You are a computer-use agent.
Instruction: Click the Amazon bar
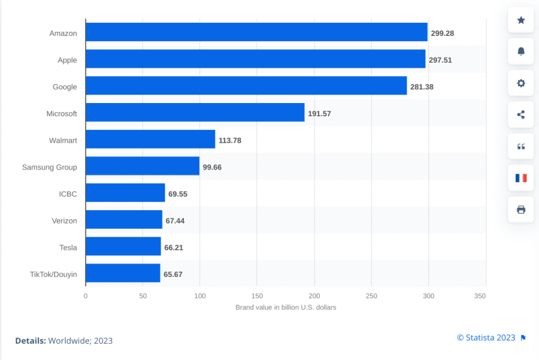pyautogui.click(x=256, y=32)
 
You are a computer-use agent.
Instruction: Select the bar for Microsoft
pyautogui.click(x=195, y=113)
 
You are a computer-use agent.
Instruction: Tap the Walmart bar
pyautogui.click(x=150, y=140)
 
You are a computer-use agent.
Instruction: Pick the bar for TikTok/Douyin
pyautogui.click(x=123, y=273)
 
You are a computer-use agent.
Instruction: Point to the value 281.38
pyautogui.click(x=422, y=87)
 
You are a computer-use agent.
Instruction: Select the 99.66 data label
pyautogui.click(x=212, y=167)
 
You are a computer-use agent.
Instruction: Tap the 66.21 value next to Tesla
pyautogui.click(x=174, y=247)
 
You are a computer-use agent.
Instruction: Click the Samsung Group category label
pyautogui.click(x=49, y=167)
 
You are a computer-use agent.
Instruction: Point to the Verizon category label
pyautogui.click(x=64, y=220)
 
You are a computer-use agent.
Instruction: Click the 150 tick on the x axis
pyautogui.click(x=257, y=296)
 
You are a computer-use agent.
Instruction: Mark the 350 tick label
pyautogui.click(x=480, y=296)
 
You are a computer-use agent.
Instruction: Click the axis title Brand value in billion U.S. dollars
pyautogui.click(x=286, y=307)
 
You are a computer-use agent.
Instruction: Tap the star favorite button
pyautogui.click(x=520, y=20)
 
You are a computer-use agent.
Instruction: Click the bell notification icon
pyautogui.click(x=520, y=52)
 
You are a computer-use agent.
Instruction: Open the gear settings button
pyautogui.click(x=520, y=83)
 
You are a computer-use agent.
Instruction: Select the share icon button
pyautogui.click(x=520, y=114)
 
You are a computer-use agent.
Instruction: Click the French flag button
pyautogui.click(x=520, y=178)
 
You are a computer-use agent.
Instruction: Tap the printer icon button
pyautogui.click(x=520, y=210)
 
